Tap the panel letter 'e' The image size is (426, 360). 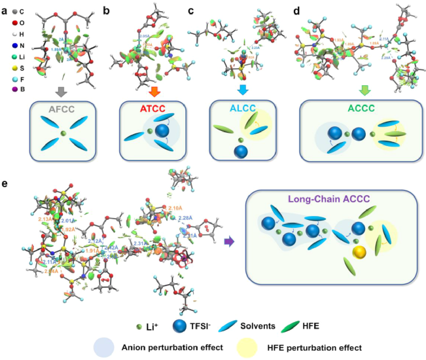tap(6, 185)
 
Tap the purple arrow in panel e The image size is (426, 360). tap(228, 242)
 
